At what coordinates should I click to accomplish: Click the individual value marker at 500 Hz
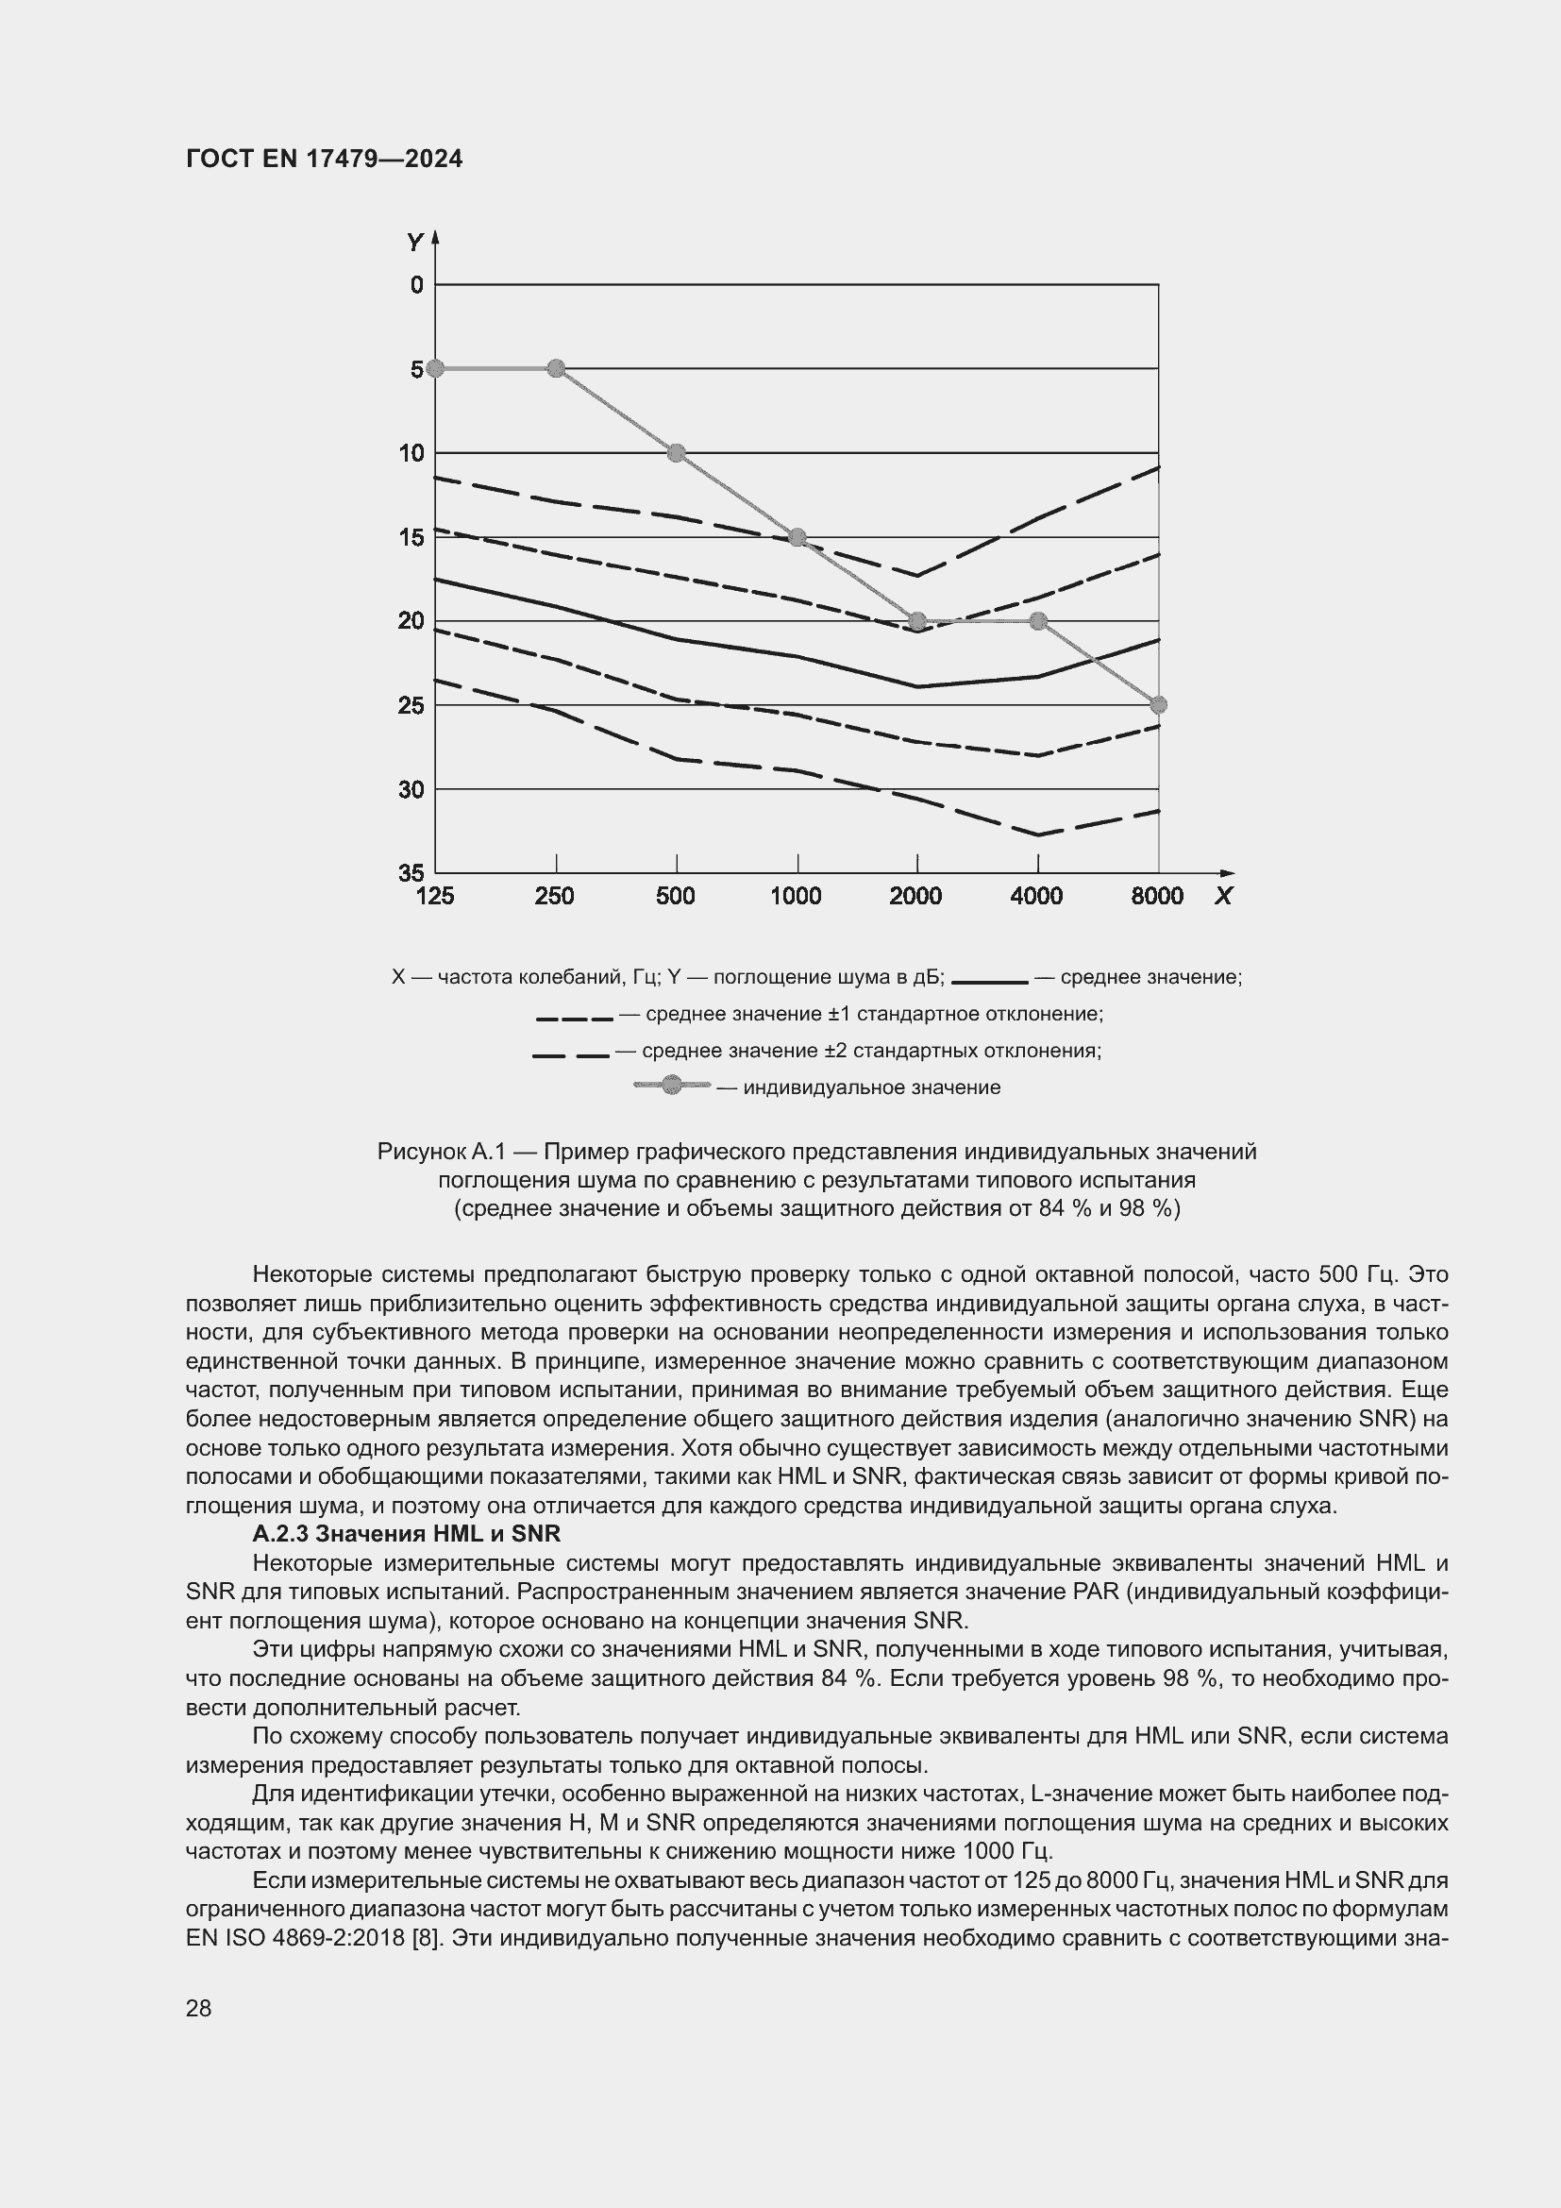(677, 453)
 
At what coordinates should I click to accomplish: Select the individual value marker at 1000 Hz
(797, 536)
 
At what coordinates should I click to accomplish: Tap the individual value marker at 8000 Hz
(1158, 705)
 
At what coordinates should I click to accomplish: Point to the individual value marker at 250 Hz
(556, 368)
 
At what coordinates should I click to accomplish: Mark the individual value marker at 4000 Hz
(1038, 621)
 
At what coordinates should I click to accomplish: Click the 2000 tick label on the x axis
(916, 896)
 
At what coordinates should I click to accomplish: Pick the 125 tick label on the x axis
(434, 896)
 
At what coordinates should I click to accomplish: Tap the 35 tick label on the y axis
(411, 872)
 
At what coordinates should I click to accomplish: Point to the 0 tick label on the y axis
(416, 285)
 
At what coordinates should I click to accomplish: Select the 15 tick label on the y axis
(411, 536)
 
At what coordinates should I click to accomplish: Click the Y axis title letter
(414, 243)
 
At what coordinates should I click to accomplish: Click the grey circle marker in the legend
(672, 1086)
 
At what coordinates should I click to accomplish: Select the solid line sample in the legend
(990, 982)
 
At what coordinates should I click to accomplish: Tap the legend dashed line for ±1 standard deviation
(575, 1019)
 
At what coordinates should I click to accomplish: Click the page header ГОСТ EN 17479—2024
(324, 160)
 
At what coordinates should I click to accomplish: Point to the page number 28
(199, 2008)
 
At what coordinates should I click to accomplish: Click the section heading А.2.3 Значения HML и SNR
(406, 1533)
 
